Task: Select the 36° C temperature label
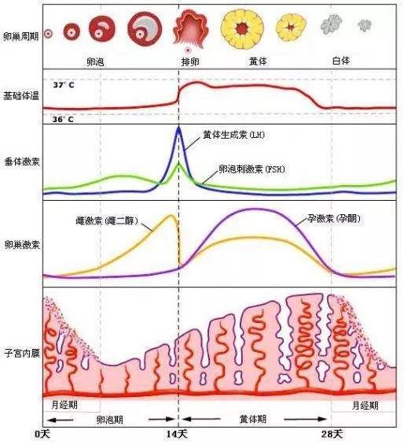(x=64, y=119)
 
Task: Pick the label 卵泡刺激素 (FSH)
(x=252, y=169)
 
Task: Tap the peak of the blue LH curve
(x=178, y=128)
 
